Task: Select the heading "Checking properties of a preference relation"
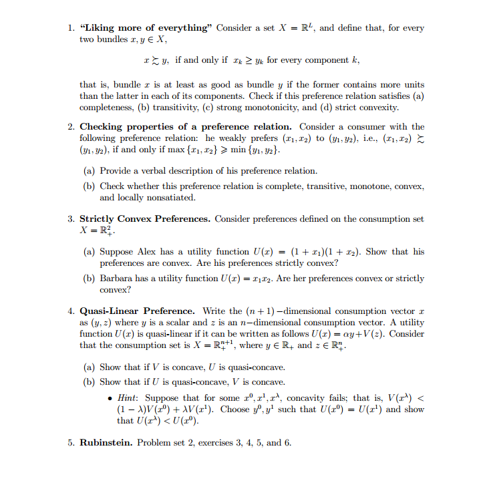tap(186, 126)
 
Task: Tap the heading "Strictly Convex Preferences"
tap(145, 218)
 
